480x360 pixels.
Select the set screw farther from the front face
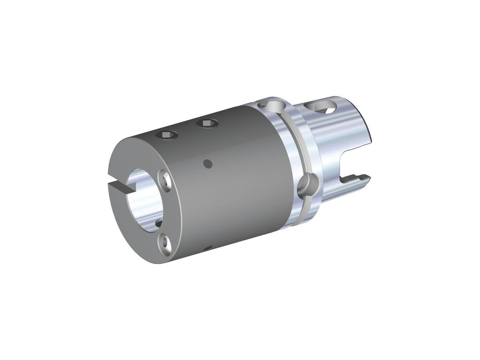(x=207, y=124)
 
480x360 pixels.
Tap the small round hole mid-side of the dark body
(x=207, y=163)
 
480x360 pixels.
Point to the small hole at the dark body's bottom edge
(x=206, y=250)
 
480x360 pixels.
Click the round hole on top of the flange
(x=272, y=107)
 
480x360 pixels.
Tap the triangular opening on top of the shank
(x=319, y=107)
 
